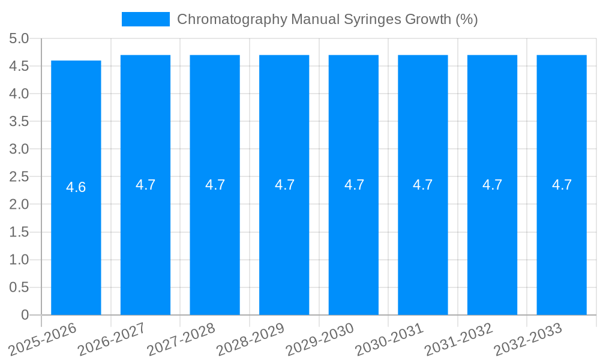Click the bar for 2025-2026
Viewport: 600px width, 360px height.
76,240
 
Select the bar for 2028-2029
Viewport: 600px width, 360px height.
284,240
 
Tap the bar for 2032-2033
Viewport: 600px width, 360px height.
562,240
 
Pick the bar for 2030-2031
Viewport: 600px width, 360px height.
422,240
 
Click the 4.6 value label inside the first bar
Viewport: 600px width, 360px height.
76,187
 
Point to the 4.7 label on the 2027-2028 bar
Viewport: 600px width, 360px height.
215,185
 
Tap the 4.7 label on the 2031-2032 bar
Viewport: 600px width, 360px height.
492,185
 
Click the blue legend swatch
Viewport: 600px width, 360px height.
145,19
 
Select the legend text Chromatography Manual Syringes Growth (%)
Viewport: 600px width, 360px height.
327,19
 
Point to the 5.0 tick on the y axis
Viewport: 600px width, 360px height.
19,39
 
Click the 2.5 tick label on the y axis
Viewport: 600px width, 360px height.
19,177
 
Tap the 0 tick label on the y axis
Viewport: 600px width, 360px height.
25,315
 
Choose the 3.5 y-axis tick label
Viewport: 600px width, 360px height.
19,122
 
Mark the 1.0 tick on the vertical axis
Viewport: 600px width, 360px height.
19,260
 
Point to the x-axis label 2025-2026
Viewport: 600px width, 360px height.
43,339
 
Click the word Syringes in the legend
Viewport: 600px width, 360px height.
372,19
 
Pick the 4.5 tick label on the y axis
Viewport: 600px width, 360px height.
19,67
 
